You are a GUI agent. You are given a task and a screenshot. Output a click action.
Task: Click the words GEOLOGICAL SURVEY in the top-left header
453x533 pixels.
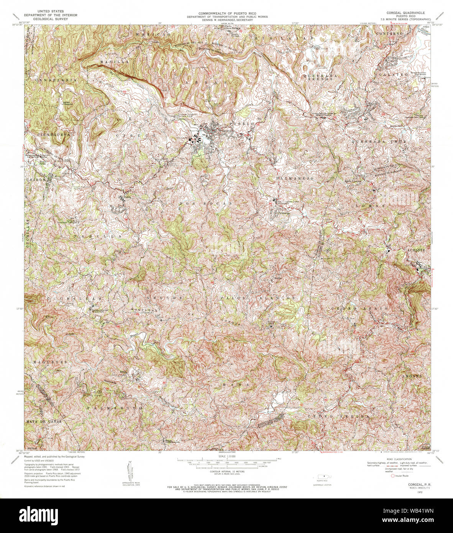click(50, 18)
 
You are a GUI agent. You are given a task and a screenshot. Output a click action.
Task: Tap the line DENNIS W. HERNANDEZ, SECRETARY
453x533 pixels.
click(225, 20)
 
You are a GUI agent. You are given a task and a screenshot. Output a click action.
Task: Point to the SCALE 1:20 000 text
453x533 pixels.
click(226, 456)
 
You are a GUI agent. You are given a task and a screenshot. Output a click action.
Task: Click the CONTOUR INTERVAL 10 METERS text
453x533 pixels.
click(226, 471)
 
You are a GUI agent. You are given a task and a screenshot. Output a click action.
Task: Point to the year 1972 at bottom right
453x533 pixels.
click(422, 492)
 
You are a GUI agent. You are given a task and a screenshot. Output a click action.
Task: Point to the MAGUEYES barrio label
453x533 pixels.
click(50, 362)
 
